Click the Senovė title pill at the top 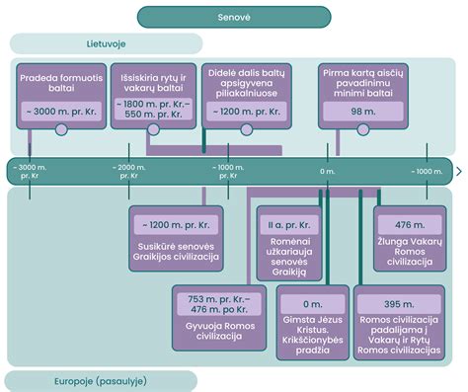coord(233,17)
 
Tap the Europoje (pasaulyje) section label coord(100,381)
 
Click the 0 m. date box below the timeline coord(313,304)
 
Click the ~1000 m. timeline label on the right coord(428,172)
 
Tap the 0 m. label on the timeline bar coord(328,172)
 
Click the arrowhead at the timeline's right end coord(458,172)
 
